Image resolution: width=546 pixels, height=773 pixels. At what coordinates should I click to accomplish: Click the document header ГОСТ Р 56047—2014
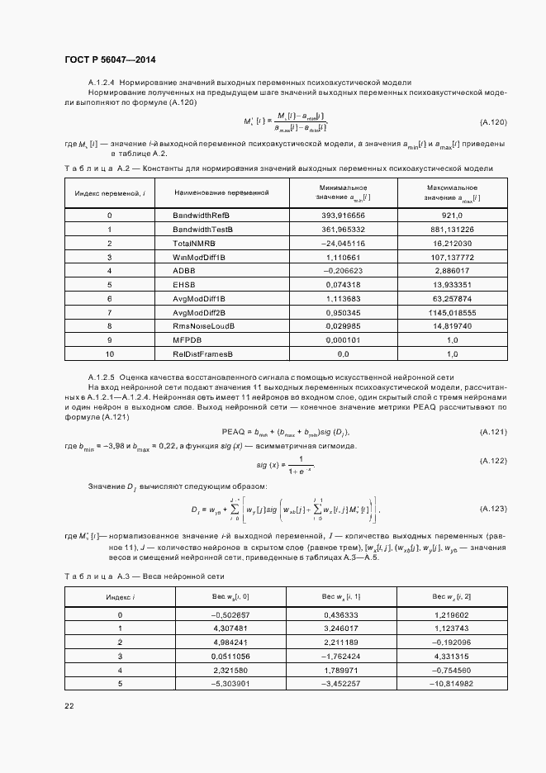109,59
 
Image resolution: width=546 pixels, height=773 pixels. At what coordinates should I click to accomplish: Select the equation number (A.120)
493,122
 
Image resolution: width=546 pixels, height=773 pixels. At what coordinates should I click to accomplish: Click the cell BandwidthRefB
202,215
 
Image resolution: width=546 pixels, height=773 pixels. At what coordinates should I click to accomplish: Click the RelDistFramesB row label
203,354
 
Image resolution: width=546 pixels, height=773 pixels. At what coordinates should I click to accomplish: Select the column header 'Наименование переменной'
222,192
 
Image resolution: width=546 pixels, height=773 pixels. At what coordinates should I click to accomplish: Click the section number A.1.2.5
102,377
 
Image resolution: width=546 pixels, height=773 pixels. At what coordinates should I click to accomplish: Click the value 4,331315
450,657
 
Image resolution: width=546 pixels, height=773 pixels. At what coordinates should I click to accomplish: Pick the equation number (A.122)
493,459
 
